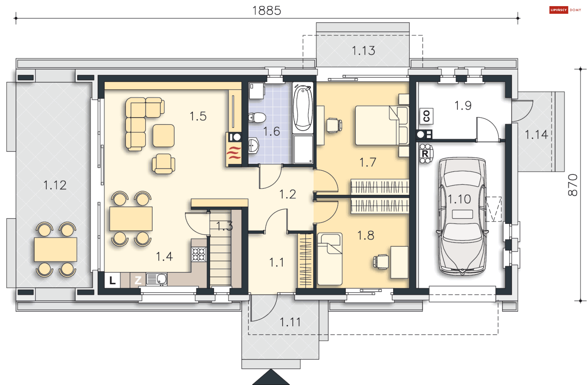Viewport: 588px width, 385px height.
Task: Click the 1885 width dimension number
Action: click(266, 11)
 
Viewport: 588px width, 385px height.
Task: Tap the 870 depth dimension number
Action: click(572, 185)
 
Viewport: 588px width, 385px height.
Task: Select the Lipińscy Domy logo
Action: click(565, 10)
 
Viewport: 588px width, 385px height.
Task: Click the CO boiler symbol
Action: click(426, 116)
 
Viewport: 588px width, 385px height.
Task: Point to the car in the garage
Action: click(462, 216)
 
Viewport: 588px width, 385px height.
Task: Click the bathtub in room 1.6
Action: click(303, 108)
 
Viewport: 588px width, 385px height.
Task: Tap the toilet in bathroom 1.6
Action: click(257, 117)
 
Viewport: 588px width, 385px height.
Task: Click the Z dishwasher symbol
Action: click(138, 280)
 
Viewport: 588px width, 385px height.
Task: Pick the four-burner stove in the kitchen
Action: click(199, 254)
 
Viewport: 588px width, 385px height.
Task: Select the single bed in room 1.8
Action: click(330, 259)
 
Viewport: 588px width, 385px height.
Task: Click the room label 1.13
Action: click(363, 51)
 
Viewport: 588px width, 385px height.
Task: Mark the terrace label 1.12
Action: click(55, 185)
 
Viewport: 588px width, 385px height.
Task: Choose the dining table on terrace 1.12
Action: click(55, 250)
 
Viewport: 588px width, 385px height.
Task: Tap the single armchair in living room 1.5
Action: click(164, 164)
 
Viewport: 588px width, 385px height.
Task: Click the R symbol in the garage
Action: click(425, 154)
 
